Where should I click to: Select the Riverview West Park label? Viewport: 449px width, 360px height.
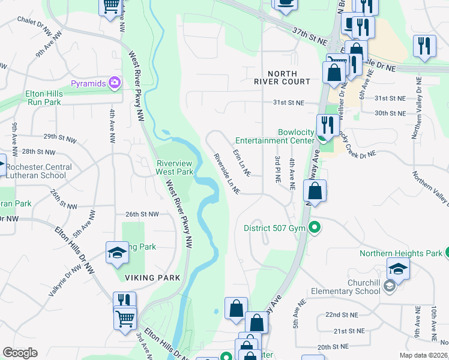(x=175, y=167)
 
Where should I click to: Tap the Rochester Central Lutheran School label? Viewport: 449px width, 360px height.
(x=37, y=171)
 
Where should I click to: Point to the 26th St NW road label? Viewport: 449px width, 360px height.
(x=142, y=214)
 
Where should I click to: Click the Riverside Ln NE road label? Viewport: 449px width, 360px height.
(x=227, y=173)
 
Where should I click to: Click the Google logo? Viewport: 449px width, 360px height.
(x=20, y=353)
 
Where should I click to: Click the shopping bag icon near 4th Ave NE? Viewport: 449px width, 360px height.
(x=315, y=191)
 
